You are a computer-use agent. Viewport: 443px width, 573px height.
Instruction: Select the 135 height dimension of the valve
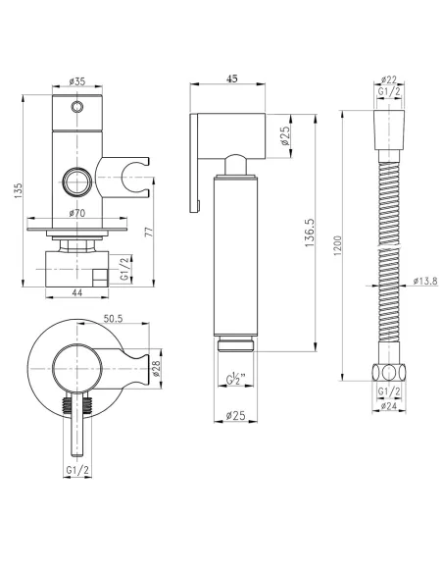tap(14, 189)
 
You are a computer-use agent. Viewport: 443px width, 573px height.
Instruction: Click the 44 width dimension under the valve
tap(75, 294)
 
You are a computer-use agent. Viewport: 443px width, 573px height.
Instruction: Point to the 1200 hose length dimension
tap(337, 245)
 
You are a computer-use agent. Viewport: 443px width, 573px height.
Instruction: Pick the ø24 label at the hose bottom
tap(388, 405)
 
